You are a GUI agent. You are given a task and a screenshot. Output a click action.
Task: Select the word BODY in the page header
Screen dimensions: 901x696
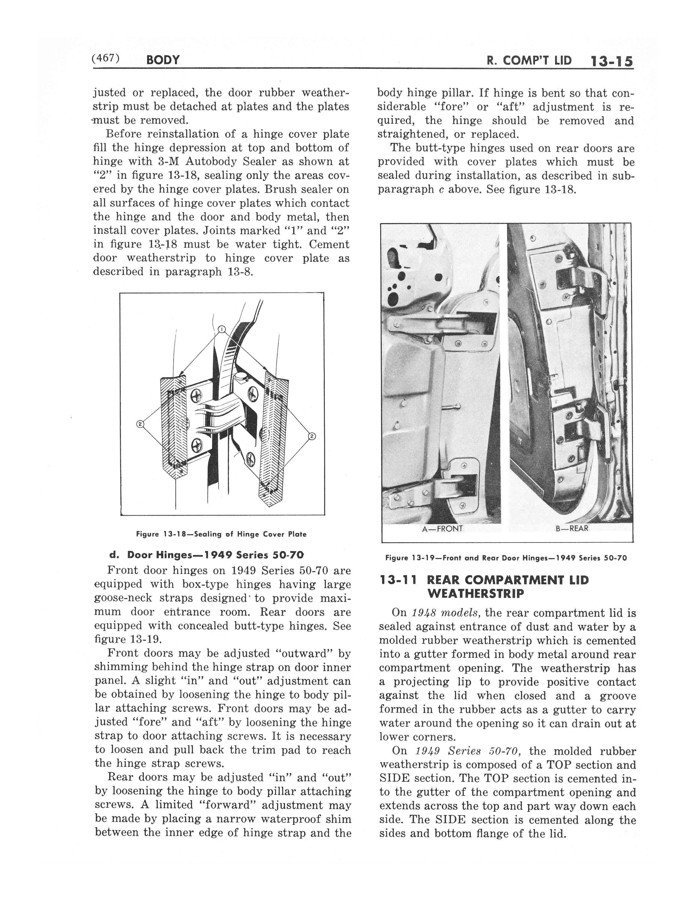(163, 60)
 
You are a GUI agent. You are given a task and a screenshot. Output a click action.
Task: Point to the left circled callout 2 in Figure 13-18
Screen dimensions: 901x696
(140, 424)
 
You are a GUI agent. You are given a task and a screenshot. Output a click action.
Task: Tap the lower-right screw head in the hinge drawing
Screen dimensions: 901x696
(250, 458)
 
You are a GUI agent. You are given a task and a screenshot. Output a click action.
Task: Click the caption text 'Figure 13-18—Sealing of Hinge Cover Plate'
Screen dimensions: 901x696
(221, 534)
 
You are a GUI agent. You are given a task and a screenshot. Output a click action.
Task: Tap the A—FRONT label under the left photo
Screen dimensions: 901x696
(442, 529)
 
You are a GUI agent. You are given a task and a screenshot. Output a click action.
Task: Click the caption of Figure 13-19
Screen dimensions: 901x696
(506, 558)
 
